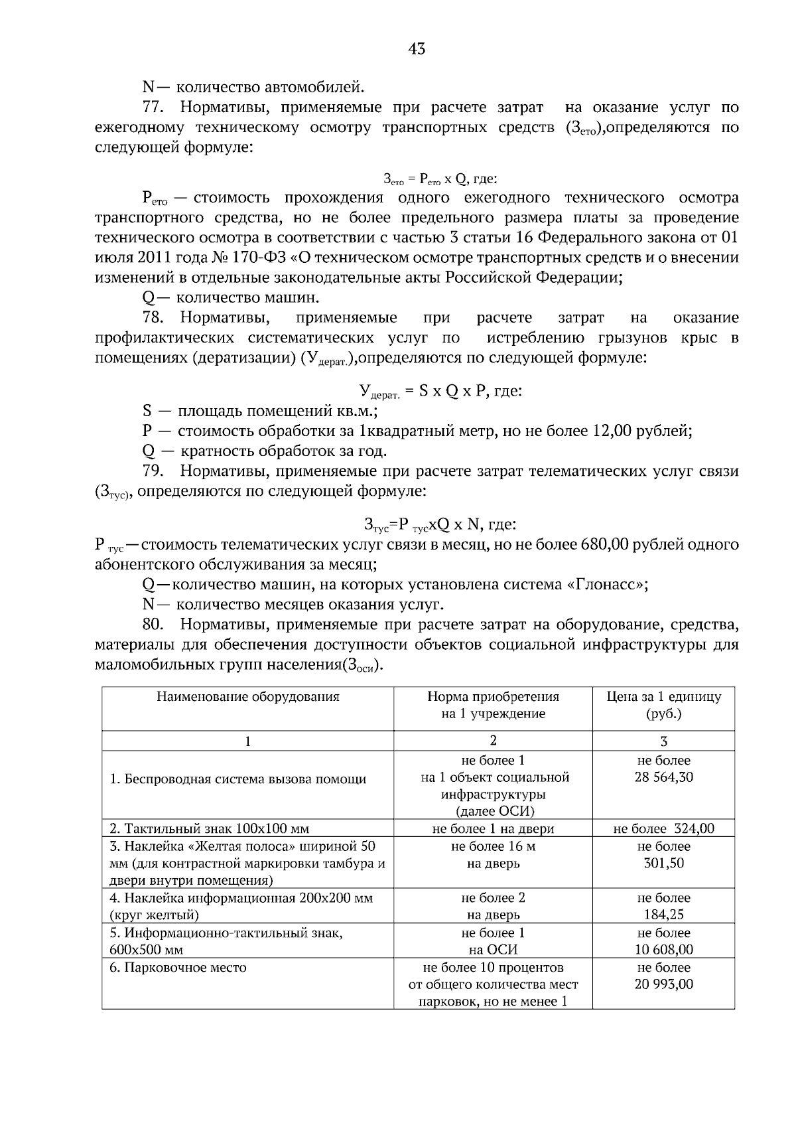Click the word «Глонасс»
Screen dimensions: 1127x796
click(x=605, y=585)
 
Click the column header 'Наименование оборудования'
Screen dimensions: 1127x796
click(x=247, y=697)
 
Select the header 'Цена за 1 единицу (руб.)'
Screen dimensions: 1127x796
click(x=663, y=705)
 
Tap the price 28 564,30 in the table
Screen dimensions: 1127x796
click(x=663, y=777)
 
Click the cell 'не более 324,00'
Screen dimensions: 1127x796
click(x=663, y=828)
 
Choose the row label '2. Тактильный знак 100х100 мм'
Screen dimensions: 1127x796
click(x=209, y=828)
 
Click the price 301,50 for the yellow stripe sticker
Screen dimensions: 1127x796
click(x=663, y=864)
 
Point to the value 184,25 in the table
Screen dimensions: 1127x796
click(x=663, y=915)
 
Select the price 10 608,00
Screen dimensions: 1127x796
click(x=663, y=950)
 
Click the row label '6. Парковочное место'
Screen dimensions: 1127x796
click(x=178, y=967)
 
